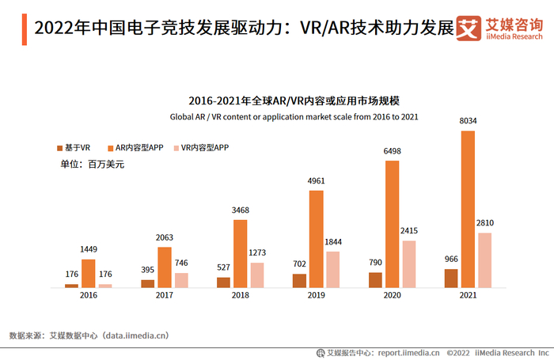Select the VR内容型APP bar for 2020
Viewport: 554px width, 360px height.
click(408, 263)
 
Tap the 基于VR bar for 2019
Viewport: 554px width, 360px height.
click(298, 280)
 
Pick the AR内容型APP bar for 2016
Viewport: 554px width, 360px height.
click(88, 273)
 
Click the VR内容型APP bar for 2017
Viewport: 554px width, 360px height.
click(181, 279)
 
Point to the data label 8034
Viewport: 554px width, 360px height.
click(469, 121)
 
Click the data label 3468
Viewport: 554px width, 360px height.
click(241, 210)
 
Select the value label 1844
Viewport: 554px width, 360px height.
click(334, 241)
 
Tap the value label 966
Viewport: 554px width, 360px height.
click(450, 259)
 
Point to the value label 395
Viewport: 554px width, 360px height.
click(147, 270)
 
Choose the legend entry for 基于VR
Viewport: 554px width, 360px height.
click(74, 148)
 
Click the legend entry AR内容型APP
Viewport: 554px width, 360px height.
click(135, 148)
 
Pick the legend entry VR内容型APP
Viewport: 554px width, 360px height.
click(200, 148)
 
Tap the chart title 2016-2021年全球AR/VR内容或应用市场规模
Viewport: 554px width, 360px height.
click(294, 101)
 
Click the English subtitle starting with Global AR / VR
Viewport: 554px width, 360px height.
click(294, 116)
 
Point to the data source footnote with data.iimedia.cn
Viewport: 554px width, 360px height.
click(89, 335)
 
